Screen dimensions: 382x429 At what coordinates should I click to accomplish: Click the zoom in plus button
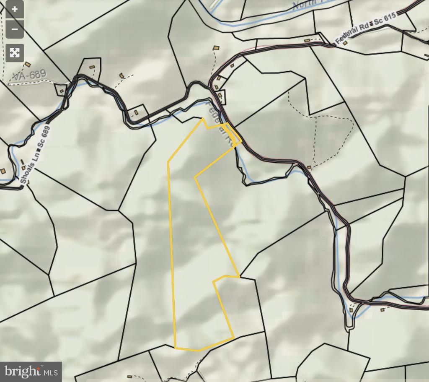coord(15,10)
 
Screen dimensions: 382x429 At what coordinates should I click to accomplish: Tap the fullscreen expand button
coord(15,53)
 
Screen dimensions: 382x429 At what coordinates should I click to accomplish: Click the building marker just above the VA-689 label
coord(28,65)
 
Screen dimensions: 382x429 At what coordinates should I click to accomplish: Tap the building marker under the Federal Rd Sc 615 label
coord(345,43)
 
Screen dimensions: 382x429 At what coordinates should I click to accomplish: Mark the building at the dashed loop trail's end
coord(309,167)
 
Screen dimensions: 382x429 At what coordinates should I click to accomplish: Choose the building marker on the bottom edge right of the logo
coord(129,377)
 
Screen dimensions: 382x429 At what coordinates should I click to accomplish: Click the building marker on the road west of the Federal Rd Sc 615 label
coord(307,41)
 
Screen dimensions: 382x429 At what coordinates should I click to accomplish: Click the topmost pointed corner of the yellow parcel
coord(203,119)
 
